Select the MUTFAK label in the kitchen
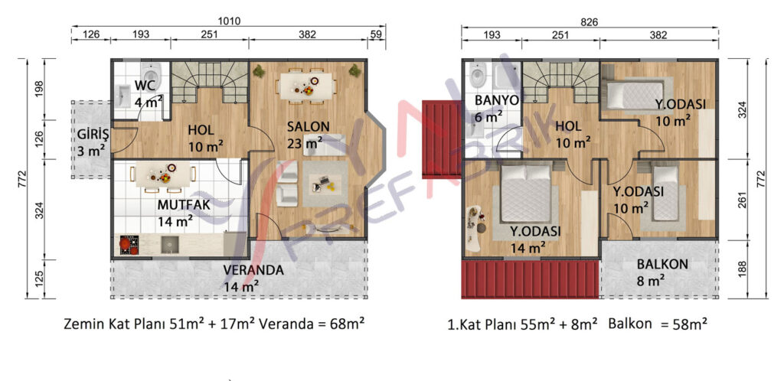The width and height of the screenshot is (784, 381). [x=184, y=205]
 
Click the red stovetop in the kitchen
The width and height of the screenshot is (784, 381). [x=129, y=245]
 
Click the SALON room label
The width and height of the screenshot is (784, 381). [x=308, y=127]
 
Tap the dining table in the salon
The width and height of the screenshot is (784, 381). [x=306, y=86]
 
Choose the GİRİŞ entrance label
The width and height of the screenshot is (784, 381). [x=93, y=135]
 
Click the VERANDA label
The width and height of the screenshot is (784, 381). [x=253, y=270]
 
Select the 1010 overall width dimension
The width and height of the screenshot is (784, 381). [x=230, y=21]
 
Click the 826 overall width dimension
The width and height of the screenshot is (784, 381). [x=589, y=21]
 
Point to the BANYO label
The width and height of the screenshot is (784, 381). [x=496, y=100]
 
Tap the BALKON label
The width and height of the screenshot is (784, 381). [x=662, y=264]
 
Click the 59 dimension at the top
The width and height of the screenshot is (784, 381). [x=377, y=34]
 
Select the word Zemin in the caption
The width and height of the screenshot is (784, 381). [x=81, y=324]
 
